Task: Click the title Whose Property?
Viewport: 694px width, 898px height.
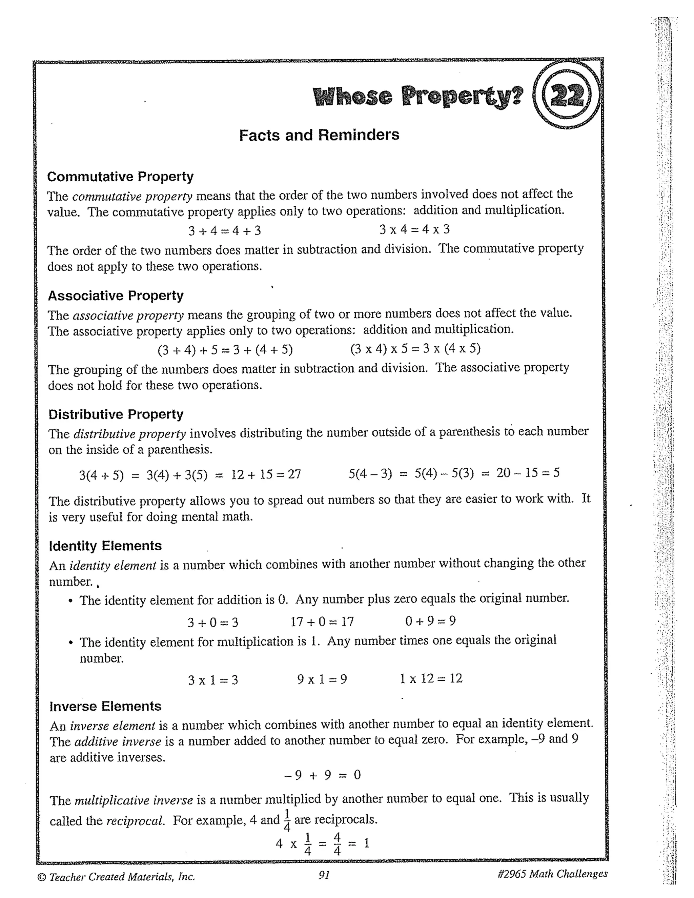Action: (x=418, y=96)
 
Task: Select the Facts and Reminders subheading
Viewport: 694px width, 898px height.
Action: (x=319, y=135)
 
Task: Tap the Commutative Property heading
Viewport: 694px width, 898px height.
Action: (x=120, y=177)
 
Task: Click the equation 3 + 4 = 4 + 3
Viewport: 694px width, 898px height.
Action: (x=224, y=231)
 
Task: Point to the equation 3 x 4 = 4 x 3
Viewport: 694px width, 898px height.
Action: (x=414, y=229)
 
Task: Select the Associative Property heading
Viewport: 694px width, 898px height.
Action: (x=116, y=295)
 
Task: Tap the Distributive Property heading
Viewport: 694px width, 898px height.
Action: (x=116, y=414)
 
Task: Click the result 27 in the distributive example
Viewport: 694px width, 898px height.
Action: (x=294, y=474)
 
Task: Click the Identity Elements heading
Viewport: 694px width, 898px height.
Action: (x=105, y=546)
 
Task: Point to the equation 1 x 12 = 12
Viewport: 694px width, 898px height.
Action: (x=431, y=678)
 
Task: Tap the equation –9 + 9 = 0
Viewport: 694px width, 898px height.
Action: (x=323, y=775)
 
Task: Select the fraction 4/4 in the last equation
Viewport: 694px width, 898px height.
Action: (x=337, y=844)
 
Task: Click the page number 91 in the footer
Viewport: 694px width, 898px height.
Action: (x=324, y=875)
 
